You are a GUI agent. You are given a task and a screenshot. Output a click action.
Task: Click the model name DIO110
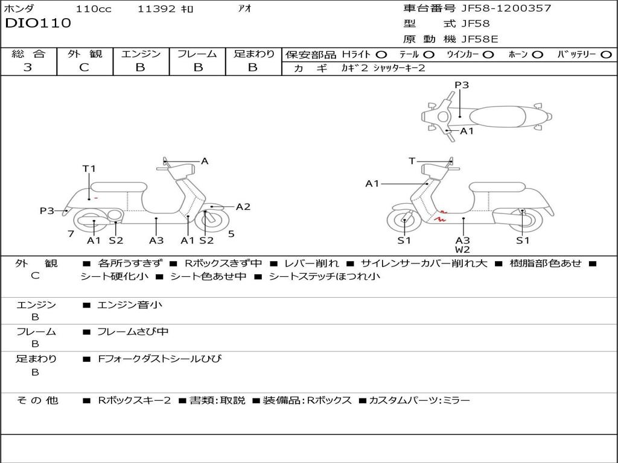[38, 23]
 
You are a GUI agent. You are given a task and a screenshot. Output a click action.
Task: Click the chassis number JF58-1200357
[506, 8]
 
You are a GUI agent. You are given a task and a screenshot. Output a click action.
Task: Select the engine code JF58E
[480, 39]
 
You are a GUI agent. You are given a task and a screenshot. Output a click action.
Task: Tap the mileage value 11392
[156, 8]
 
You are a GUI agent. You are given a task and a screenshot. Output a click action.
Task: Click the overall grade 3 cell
[28, 67]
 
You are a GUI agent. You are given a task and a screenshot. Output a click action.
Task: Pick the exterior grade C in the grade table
[84, 67]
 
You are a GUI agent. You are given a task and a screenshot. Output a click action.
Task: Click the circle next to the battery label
[606, 55]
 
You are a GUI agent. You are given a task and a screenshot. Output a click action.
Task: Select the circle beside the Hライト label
[381, 55]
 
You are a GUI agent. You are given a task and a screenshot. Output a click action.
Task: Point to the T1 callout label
[89, 169]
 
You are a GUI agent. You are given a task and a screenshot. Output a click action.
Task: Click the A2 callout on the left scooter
[243, 207]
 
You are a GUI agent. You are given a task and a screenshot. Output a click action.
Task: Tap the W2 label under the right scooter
[462, 249]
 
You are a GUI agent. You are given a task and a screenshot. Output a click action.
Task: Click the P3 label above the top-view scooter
[462, 84]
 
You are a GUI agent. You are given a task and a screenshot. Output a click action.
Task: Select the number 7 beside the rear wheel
[71, 234]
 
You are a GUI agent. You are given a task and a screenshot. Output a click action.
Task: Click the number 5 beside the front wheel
[231, 234]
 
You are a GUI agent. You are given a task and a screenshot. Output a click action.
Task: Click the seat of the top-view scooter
[497, 117]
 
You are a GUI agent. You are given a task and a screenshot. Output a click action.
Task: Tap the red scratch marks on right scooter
[441, 216]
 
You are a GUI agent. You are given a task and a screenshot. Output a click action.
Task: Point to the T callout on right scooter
[412, 161]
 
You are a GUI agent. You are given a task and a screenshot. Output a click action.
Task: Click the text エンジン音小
[129, 304]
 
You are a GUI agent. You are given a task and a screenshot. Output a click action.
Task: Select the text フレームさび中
[133, 332]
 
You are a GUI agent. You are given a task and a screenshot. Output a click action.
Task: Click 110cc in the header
[94, 8]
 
